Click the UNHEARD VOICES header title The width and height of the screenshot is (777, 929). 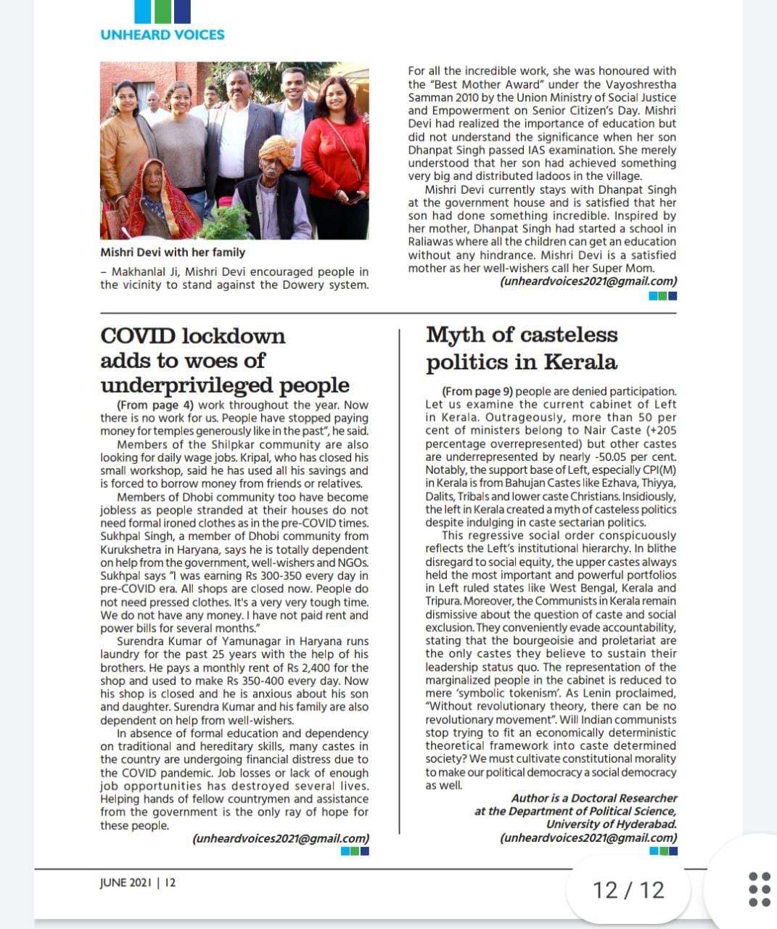tap(163, 34)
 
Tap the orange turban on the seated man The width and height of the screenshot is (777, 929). tap(277, 150)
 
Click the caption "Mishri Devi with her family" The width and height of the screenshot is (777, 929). tap(173, 253)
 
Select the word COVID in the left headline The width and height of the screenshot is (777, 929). tap(138, 336)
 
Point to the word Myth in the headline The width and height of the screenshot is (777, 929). tap(454, 335)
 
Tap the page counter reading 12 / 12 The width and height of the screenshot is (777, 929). tap(628, 890)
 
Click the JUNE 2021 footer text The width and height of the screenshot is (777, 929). tap(126, 883)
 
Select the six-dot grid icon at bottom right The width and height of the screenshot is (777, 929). tap(759, 889)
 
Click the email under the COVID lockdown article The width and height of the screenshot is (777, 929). tap(281, 838)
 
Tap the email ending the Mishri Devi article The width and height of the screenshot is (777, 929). tap(588, 282)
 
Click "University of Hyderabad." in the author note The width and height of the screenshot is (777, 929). tap(611, 824)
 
